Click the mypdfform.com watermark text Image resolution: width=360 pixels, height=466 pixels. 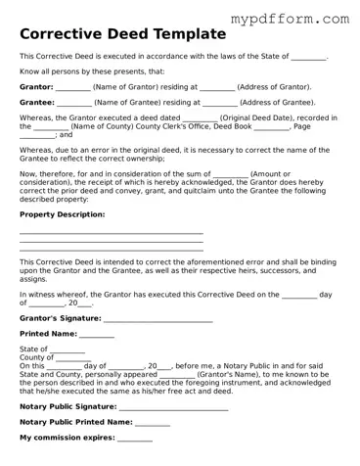coord(288,18)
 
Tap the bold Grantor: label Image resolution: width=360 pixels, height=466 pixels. coord(36,86)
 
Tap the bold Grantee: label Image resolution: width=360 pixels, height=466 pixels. coord(36,102)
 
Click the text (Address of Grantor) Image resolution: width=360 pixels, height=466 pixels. coord(283,86)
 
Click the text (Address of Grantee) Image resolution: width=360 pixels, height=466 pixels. coord(278,102)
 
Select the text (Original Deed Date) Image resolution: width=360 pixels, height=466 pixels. coord(251,117)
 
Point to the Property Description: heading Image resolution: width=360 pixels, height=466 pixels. coord(62,213)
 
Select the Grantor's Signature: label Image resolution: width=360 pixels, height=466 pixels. coord(60,318)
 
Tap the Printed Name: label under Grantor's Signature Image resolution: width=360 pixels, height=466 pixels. coord(49,334)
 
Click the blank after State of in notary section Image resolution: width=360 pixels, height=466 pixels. coord(67,349)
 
